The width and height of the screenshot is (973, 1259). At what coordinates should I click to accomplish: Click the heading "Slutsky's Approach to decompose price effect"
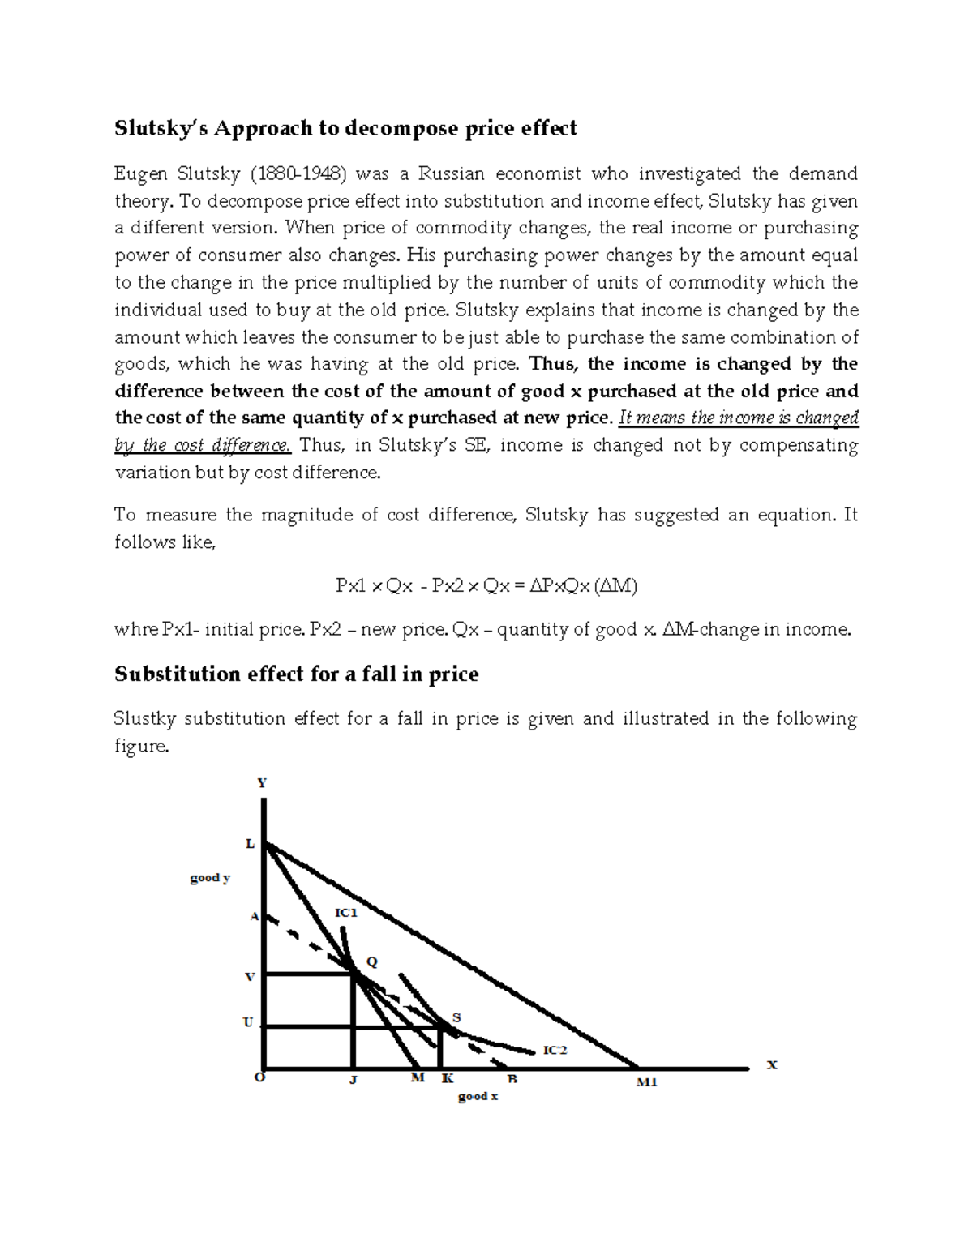pos(345,128)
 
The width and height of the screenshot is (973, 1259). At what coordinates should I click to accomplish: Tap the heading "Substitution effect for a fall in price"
pos(296,674)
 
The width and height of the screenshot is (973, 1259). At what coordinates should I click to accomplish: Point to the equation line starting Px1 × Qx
pos(486,586)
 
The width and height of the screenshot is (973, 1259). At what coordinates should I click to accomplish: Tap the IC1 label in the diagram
pos(346,913)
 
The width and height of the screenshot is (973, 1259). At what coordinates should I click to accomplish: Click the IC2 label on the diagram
pos(555,1050)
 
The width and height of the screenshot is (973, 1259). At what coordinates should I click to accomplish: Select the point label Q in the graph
pos(372,962)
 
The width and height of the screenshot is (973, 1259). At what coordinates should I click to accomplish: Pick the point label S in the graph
pos(456,1017)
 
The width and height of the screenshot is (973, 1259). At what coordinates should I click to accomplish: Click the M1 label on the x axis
pos(646,1082)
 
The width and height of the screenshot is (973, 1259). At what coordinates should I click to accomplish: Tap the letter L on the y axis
pos(251,844)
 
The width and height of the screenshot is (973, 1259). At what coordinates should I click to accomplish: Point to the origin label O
pos(259,1078)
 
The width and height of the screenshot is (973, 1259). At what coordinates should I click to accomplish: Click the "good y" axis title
pos(210,878)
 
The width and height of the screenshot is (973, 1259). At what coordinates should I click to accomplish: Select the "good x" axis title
pos(478,1097)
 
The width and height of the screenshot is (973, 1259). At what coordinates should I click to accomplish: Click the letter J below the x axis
pos(354,1080)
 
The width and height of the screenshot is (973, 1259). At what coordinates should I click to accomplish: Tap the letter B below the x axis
pos(512,1080)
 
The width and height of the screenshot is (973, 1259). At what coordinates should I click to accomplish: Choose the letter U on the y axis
pos(248,1023)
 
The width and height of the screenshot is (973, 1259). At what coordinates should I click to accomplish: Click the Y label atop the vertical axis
pos(262,783)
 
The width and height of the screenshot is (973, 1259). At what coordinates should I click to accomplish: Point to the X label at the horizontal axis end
pos(772,1065)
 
